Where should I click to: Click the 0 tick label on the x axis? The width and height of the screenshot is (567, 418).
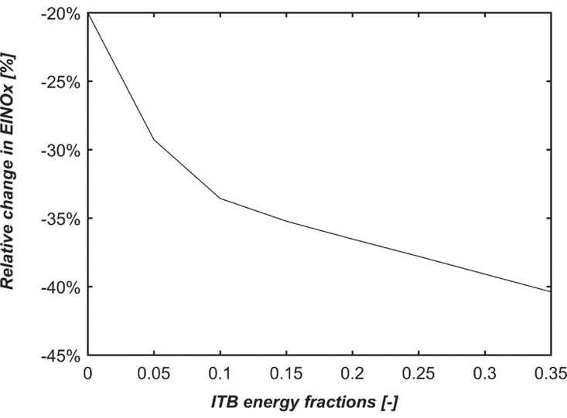click(87, 372)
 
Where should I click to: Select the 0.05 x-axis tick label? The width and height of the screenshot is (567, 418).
click(154, 372)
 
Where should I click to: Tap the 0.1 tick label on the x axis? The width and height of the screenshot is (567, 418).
click(220, 372)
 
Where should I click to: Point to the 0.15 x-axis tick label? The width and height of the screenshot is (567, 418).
click(286, 372)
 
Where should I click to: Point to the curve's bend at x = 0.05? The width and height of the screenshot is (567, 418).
click(154, 140)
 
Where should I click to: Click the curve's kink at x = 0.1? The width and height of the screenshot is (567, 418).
click(220, 199)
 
